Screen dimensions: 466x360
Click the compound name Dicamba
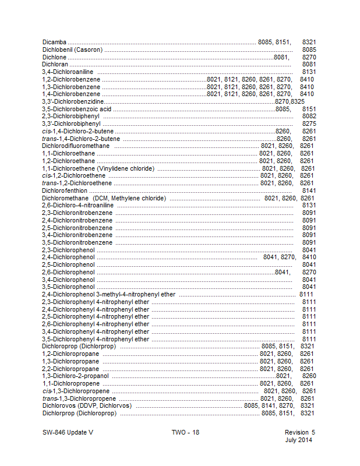pos(54,43)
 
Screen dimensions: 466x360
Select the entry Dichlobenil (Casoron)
pos(72,50)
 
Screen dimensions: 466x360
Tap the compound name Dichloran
pos(55,64)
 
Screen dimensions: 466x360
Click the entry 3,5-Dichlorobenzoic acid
pos(76,109)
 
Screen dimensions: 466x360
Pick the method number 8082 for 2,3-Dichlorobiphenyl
pos(309,116)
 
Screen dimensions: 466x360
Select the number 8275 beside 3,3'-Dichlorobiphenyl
pos(309,123)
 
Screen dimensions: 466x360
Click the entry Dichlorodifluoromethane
pos(76,146)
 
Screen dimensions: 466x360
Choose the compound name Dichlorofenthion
pos(65,190)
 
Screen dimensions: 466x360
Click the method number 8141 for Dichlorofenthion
pos(309,190)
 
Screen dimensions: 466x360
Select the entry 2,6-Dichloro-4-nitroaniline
pos(77,205)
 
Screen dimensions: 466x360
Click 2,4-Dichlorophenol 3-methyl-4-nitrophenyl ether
pos(108,295)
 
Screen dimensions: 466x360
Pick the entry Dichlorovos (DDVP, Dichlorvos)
pos(87,405)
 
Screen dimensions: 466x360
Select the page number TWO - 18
pos(185,433)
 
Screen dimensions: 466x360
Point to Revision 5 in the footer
pos(299,433)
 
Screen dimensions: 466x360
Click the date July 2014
pos(299,440)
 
